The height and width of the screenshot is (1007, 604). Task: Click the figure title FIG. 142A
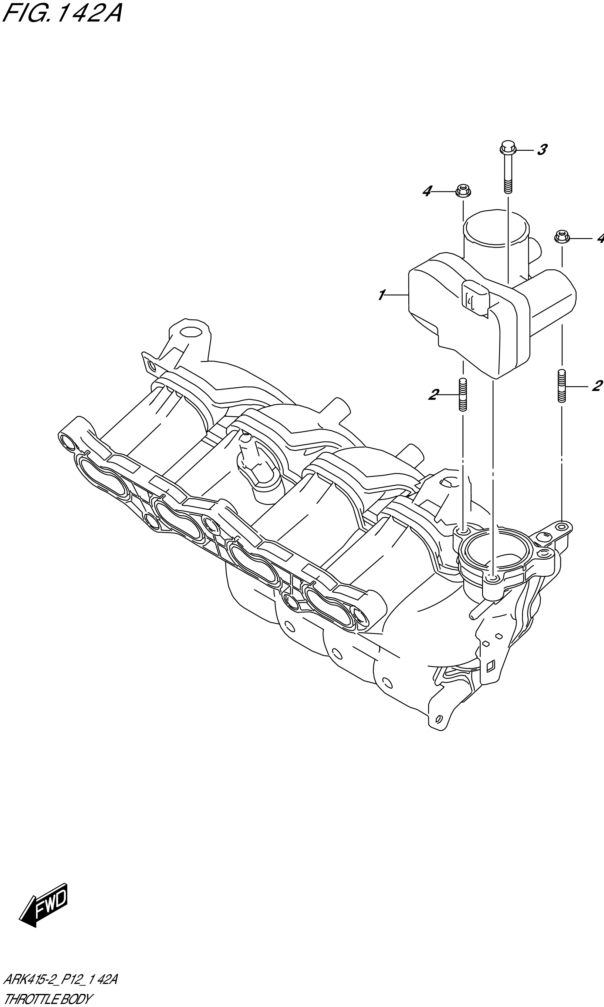61,14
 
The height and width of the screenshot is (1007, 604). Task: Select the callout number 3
542,150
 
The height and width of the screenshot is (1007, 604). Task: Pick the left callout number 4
427,191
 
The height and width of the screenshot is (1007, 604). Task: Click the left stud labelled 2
463,395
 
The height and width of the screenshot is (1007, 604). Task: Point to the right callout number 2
596,386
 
